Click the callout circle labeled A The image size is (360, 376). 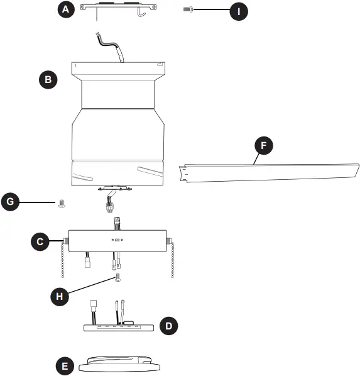coord(65,9)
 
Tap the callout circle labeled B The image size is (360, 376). coord(48,79)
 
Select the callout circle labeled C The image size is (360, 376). coord(40,241)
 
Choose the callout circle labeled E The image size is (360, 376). coord(63,365)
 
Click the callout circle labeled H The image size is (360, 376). coord(60,296)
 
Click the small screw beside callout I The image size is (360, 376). coord(187,10)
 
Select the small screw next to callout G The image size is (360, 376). coord(62,203)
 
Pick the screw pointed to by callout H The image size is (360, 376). coord(117,277)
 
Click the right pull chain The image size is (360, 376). coord(173,259)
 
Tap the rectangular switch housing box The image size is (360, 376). coord(117,241)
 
